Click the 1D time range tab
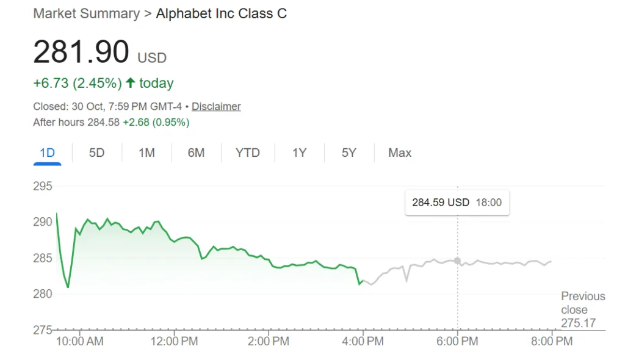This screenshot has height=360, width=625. pyautogui.click(x=47, y=153)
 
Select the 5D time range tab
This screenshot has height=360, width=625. pyautogui.click(x=96, y=153)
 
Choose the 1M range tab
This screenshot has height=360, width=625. pyautogui.click(x=146, y=153)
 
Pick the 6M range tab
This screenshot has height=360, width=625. pyautogui.click(x=196, y=153)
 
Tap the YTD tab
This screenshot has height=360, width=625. pyautogui.click(x=248, y=153)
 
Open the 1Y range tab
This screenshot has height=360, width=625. pyautogui.click(x=299, y=153)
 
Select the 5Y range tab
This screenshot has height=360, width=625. pyautogui.click(x=349, y=153)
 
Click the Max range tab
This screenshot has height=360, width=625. pyautogui.click(x=400, y=153)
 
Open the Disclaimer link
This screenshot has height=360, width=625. pyautogui.click(x=216, y=106)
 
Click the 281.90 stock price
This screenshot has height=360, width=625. pyautogui.click(x=81, y=52)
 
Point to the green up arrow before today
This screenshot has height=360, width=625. pyautogui.click(x=130, y=82)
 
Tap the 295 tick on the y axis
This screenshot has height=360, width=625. pyautogui.click(x=43, y=186)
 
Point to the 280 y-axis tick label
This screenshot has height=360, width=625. pyautogui.click(x=43, y=293)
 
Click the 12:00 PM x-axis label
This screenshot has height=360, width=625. pyautogui.click(x=175, y=341)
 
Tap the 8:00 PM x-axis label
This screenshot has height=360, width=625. pyautogui.click(x=552, y=341)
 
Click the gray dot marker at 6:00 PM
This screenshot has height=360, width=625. pyautogui.click(x=457, y=261)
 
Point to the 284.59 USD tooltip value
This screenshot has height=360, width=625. pyautogui.click(x=441, y=202)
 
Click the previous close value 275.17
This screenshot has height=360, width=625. pyautogui.click(x=578, y=323)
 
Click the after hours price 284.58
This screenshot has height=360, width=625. pyautogui.click(x=103, y=122)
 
